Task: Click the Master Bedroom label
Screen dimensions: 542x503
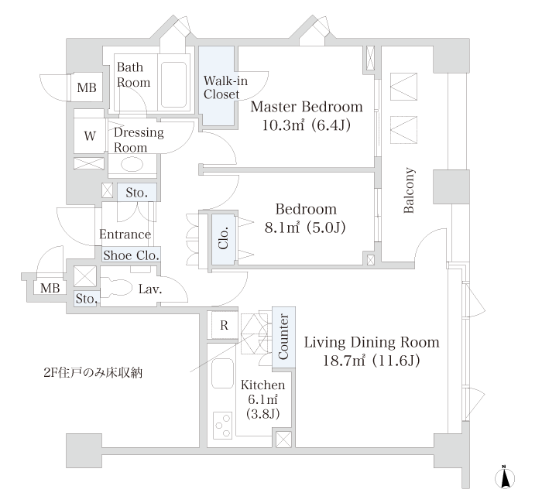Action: coord(307,107)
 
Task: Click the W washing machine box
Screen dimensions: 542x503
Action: coord(90,135)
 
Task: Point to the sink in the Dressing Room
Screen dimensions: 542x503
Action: coord(132,164)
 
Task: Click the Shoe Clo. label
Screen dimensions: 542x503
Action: coord(131,255)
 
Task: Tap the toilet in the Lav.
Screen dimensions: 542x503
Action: coord(116,288)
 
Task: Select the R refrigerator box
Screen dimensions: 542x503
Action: coord(224,325)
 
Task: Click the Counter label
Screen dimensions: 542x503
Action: coord(283,337)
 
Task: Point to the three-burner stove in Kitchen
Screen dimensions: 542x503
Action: coord(223,426)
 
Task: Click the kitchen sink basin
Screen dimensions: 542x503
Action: coord(223,374)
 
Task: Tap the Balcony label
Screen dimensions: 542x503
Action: coord(409,190)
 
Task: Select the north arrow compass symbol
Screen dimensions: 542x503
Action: coord(505,478)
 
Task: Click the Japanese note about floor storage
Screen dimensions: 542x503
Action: coord(93,373)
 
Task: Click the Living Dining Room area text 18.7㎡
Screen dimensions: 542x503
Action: coord(344,361)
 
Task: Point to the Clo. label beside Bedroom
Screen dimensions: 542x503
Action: coord(224,238)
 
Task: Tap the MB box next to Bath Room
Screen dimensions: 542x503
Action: coord(87,87)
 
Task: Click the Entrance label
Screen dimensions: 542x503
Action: coord(125,234)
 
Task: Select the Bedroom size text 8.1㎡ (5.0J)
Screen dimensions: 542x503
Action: coord(305,228)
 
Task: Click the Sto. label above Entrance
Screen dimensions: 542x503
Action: coord(136,193)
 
